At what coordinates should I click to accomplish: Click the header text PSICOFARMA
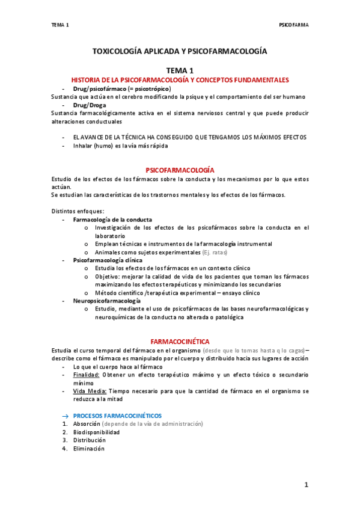pyautogui.click(x=294, y=25)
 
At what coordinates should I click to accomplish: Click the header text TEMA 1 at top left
pyautogui.click(x=60, y=25)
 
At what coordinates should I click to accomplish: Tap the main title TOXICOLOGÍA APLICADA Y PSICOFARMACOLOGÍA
pyautogui.click(x=179, y=52)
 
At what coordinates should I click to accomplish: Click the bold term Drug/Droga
pyautogui.click(x=90, y=105)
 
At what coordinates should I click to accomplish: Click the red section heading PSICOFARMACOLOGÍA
pyautogui.click(x=180, y=170)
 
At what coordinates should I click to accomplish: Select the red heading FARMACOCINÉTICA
pyautogui.click(x=180, y=340)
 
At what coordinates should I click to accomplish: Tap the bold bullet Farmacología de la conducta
pyautogui.click(x=112, y=220)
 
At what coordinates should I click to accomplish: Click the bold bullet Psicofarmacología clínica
pyautogui.click(x=108, y=260)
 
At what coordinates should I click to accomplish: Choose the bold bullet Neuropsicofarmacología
pyautogui.click(x=107, y=300)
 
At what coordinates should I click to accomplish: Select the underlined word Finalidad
pyautogui.click(x=86, y=374)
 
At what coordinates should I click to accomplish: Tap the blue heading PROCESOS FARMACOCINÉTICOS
pyautogui.click(x=117, y=415)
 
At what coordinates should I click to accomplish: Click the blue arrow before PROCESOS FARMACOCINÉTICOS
pyautogui.click(x=66, y=416)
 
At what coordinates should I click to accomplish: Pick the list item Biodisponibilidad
pyautogui.click(x=96, y=432)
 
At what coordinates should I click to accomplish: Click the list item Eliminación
pyautogui.click(x=89, y=448)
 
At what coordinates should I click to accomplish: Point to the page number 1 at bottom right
pyautogui.click(x=305, y=485)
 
